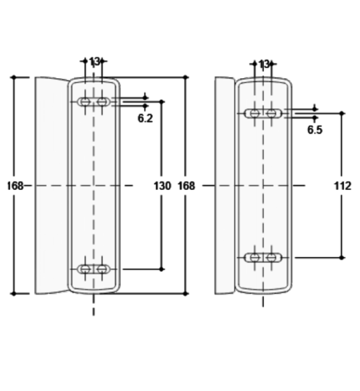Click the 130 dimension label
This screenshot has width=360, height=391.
(162, 186)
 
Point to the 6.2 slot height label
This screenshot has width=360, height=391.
(145, 118)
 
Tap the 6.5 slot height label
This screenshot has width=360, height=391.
(315, 130)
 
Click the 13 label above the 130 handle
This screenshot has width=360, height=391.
(94, 62)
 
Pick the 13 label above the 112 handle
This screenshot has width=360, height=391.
(264, 64)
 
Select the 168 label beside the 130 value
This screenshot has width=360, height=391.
(186, 186)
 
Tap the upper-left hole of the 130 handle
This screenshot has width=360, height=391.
(85, 102)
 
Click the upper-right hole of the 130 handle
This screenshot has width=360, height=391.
(102, 102)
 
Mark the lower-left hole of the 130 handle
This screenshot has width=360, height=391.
(85, 269)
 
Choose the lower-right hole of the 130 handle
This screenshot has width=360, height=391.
(102, 269)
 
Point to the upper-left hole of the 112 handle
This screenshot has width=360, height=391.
(255, 113)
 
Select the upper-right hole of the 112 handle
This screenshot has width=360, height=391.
(272, 113)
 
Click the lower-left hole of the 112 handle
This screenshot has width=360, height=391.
(255, 257)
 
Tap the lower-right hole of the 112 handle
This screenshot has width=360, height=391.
(272, 257)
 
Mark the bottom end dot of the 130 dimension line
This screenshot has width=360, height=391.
(162, 269)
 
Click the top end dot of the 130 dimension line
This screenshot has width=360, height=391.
(162, 102)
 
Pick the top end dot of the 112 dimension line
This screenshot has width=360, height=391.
(342, 113)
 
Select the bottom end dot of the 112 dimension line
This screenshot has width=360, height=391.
(342, 257)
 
